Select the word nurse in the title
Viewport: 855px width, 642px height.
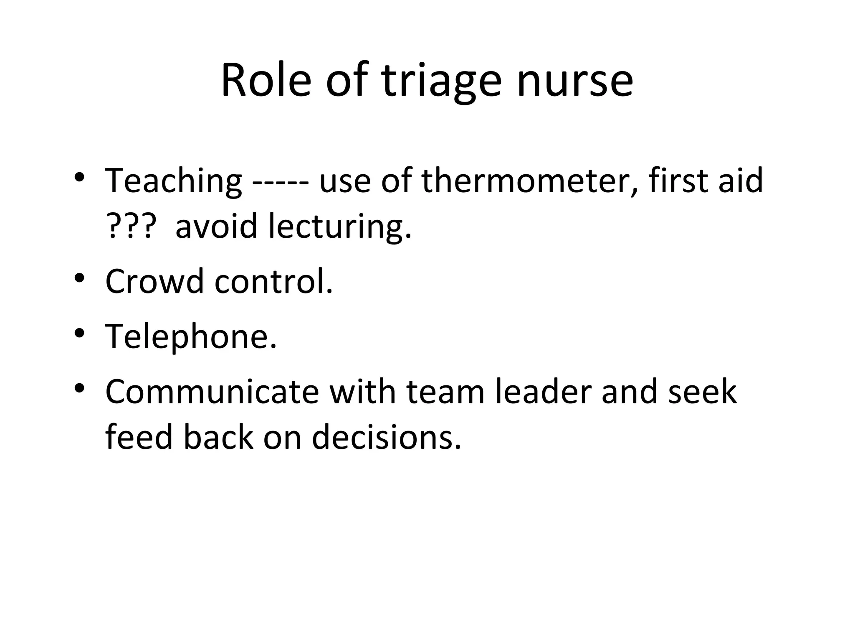click(x=575, y=82)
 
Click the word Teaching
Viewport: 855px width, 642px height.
click(x=173, y=181)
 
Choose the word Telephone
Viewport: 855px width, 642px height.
click(x=191, y=337)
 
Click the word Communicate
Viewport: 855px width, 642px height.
click(x=212, y=392)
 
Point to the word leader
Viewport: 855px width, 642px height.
click(x=543, y=392)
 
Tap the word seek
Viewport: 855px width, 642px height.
click(x=702, y=392)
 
